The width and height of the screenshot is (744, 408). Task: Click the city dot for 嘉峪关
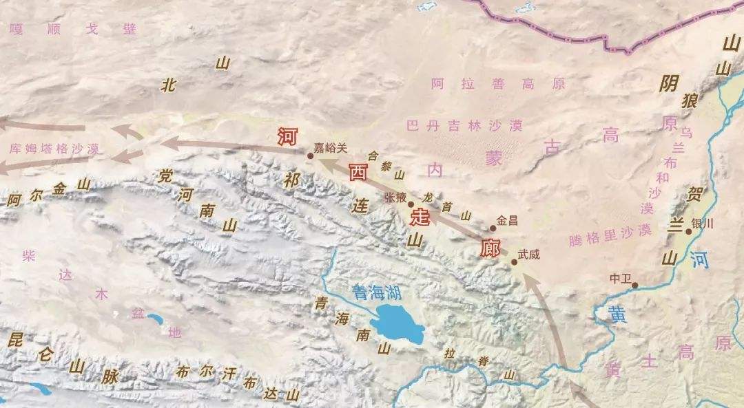[x=310, y=156]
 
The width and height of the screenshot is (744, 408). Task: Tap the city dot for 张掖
[x=411, y=204]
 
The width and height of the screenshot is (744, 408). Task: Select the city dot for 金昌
[x=493, y=228]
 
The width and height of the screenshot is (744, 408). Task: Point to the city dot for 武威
[x=514, y=262]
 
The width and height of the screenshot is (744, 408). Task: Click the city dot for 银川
[x=688, y=232]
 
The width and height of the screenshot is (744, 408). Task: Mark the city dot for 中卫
[x=634, y=285]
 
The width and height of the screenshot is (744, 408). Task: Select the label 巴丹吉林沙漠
[x=464, y=126]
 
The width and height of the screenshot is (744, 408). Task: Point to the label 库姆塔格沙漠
[x=55, y=148]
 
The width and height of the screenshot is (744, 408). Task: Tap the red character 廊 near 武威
[x=490, y=248]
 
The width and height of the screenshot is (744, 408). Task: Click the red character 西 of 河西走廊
[x=358, y=172]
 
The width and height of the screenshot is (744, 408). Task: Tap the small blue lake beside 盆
[x=154, y=319]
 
